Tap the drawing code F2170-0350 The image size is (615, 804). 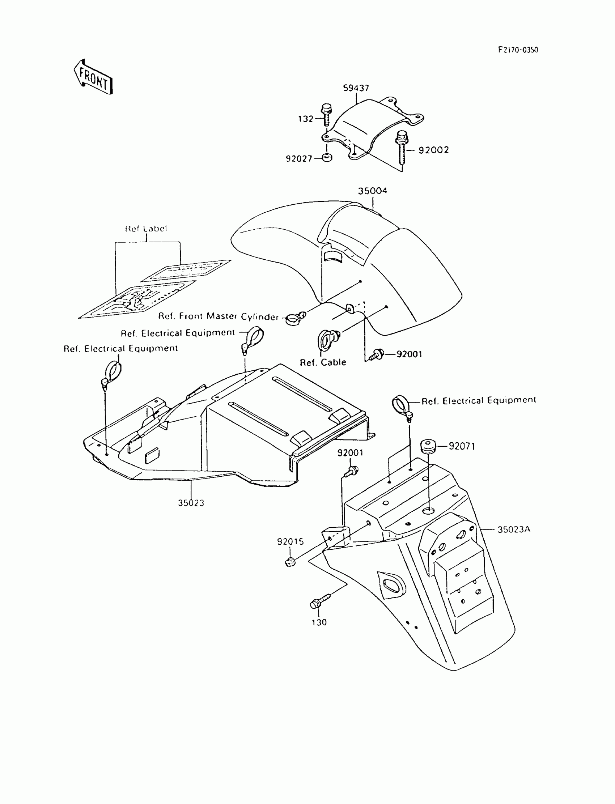pos(518,50)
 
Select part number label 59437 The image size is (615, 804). pos(356,88)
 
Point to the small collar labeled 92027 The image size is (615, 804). pos(327,158)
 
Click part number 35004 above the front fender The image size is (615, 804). pos(372,191)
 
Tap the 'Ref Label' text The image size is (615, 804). pos(146,229)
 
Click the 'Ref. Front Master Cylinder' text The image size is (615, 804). pos(219,316)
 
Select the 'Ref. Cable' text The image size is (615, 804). pos(323,362)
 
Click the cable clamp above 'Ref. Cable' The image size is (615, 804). pos(327,339)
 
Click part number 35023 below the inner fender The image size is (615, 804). pos(191,503)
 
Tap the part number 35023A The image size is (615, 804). pos(514,529)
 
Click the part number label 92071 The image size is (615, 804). pos(462,446)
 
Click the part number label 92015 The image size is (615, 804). pos(290,541)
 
